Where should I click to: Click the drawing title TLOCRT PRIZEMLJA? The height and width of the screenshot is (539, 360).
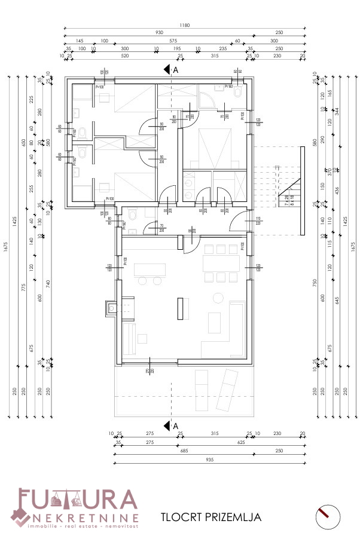[211, 517]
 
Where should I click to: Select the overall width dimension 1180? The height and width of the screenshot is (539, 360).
[185, 26]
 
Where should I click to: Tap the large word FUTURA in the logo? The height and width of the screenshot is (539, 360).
[78, 500]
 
